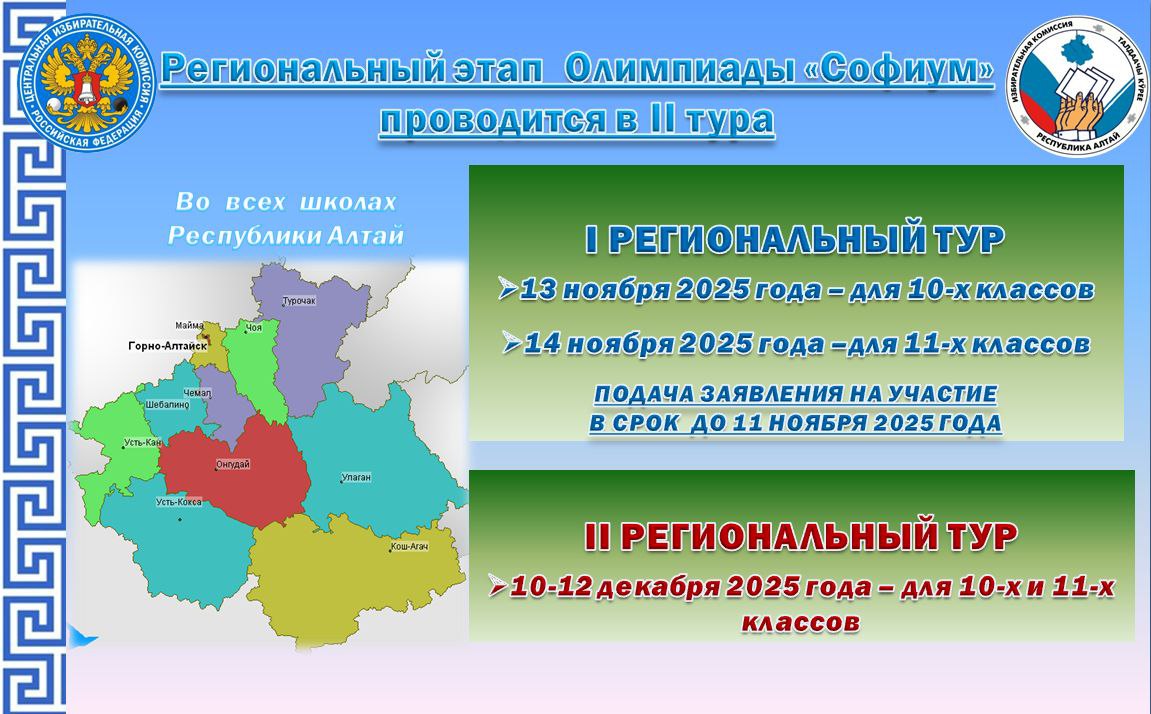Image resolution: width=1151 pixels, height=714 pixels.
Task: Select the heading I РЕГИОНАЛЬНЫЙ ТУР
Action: coord(794,241)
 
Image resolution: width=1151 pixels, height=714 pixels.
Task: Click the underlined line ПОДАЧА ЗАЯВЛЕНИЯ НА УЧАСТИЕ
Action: coord(796,395)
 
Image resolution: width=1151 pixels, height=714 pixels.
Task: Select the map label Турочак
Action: coord(298,300)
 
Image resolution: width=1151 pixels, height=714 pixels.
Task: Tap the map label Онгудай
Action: coord(232,465)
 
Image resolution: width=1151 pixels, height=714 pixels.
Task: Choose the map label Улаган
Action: coord(355,477)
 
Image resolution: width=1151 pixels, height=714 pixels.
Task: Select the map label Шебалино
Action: coord(167,404)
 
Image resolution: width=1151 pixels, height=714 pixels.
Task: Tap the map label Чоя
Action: coord(253,327)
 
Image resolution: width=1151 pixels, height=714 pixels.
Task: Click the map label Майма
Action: coord(188,325)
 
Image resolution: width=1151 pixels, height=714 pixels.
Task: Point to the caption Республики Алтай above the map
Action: coord(286,236)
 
